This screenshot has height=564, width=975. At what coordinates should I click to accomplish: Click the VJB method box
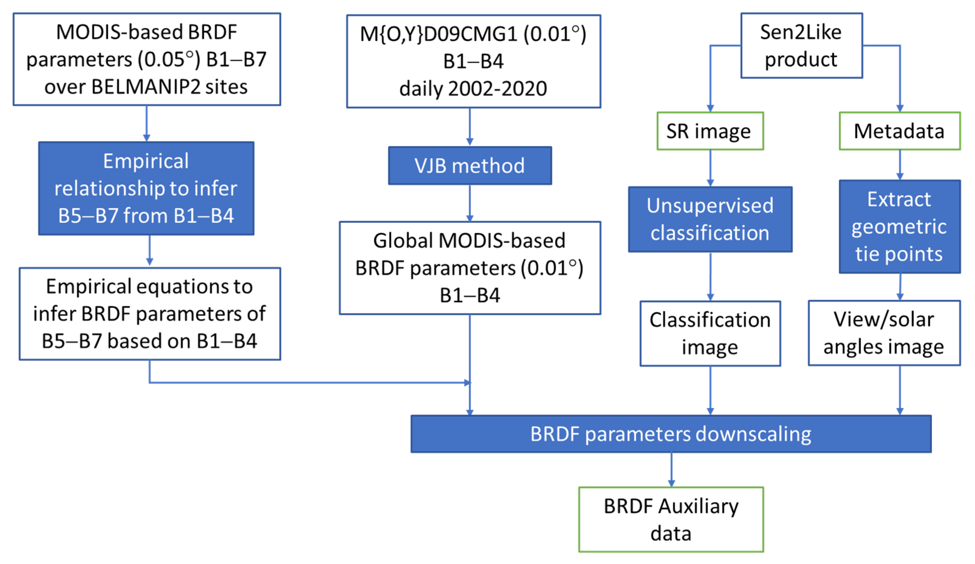point(470,166)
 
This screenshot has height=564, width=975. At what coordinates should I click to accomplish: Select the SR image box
point(710,131)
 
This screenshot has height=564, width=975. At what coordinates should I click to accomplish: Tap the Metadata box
point(899,131)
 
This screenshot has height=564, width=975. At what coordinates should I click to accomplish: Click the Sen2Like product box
point(801,46)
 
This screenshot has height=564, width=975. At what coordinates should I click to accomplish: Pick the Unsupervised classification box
point(710,219)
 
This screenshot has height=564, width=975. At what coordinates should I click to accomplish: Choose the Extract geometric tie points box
point(899,226)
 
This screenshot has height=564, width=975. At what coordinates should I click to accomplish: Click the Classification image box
point(710,333)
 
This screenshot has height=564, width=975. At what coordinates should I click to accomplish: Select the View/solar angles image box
point(884,333)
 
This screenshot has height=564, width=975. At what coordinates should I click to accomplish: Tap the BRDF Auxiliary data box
point(671,519)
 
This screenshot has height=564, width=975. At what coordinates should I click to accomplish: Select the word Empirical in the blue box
point(146,161)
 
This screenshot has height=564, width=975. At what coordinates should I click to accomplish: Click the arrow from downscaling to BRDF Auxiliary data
point(671,469)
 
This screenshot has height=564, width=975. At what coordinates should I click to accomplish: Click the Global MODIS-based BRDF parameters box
point(470,268)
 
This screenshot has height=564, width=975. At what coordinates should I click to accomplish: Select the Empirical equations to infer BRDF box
point(150,314)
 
